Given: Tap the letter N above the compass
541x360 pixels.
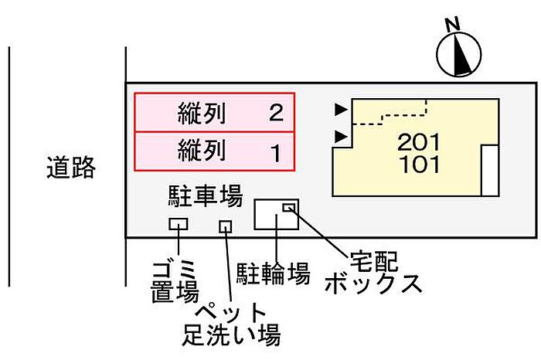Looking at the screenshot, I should click(454, 25).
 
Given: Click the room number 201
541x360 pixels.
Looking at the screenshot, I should click(420, 142).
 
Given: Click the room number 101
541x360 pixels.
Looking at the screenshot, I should click(420, 164).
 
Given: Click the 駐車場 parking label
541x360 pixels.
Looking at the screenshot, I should click(205, 196).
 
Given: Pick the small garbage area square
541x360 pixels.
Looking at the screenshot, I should click(179, 225).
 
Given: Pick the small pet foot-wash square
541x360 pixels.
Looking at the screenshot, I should click(226, 226).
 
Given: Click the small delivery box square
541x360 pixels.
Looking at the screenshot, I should click(289, 206).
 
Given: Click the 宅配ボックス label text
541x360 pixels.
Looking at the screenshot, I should click(373, 270).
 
